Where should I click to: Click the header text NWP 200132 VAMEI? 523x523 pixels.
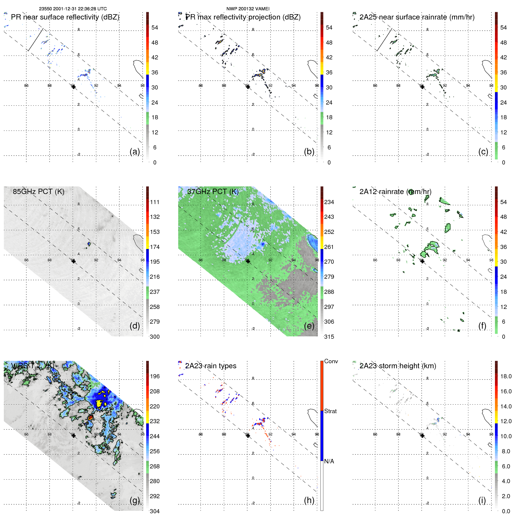[248, 9]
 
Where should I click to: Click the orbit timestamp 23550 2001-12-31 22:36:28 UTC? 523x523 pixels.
[73, 9]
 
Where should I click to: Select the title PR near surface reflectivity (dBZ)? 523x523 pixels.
[65, 17]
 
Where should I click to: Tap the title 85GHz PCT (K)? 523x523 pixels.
[38, 192]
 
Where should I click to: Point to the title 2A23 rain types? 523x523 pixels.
[211, 366]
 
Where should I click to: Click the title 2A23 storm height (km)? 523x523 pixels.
[398, 366]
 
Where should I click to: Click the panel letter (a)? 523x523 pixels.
[135, 151]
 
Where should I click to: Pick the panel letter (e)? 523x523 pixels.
[309, 326]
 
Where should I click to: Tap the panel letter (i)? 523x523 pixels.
[482, 500]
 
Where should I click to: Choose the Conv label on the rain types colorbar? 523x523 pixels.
[331, 361]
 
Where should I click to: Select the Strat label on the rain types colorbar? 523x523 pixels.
[330, 411]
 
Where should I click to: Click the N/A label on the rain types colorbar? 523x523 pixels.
[329, 461]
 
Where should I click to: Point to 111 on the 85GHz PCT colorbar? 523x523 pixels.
[155, 202]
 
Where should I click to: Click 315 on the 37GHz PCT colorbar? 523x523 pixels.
[329, 337]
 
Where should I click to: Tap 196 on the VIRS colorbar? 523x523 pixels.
[155, 376]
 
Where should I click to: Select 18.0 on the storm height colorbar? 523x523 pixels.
[506, 376]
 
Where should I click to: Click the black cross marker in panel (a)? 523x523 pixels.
[73, 87]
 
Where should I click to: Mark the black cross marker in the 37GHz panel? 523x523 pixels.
[248, 261]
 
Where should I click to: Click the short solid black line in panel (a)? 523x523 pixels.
[35, 40]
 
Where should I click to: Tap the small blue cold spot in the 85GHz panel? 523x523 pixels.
[89, 244]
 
